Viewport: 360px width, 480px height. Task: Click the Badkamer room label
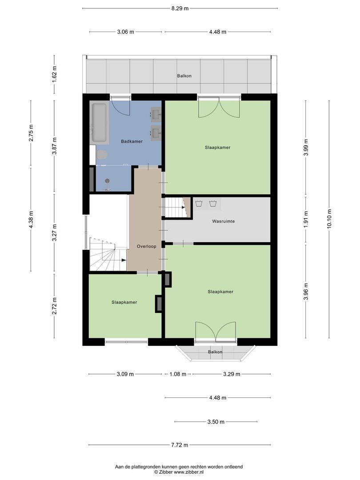click(132, 141)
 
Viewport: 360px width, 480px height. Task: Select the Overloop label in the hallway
click(146, 246)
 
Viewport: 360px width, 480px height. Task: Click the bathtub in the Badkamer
click(100, 122)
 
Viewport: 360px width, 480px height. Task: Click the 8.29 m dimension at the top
click(180, 8)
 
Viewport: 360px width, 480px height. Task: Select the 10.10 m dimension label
click(329, 218)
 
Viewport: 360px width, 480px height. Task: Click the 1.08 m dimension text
click(177, 374)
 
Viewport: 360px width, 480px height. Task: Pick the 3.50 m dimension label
click(216, 422)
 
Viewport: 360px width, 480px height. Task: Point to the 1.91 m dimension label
click(306, 219)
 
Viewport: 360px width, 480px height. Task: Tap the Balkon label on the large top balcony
click(184, 76)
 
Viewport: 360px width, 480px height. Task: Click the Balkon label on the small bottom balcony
click(215, 352)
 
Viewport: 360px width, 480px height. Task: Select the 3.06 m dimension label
click(125, 32)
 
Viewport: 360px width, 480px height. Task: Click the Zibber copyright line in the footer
click(179, 472)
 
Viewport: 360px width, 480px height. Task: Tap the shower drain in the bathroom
click(107, 180)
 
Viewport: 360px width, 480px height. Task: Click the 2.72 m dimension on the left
click(55, 306)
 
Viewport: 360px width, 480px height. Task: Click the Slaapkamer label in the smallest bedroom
click(124, 302)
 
